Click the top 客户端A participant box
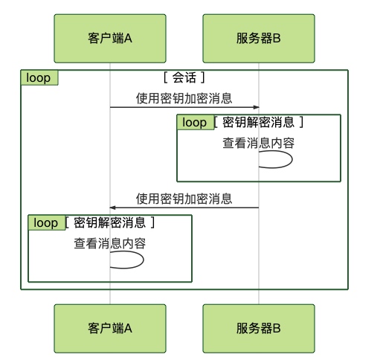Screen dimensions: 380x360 tap(110, 39)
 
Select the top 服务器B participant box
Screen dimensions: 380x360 tap(259, 39)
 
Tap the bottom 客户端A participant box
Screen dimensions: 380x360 tap(110, 329)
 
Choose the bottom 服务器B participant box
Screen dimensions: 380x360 tap(259, 329)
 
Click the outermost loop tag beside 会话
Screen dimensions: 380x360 tap(39, 78)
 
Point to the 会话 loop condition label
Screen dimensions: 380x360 tap(184, 77)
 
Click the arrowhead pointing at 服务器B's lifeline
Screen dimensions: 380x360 tap(256, 107)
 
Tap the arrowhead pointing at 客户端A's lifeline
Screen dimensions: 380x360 tap(112, 208)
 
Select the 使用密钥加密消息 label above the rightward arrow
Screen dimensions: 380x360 tap(184, 98)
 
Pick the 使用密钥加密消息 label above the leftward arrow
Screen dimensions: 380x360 tap(184, 199)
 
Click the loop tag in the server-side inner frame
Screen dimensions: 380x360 tap(196, 122)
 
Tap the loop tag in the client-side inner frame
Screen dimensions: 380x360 tap(47, 222)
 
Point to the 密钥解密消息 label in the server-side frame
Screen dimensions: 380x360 tap(258, 122)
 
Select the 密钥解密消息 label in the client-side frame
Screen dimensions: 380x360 tap(109, 222)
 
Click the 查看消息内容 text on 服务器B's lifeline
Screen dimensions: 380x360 tap(259, 143)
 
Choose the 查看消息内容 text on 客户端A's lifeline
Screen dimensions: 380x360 tap(110, 243)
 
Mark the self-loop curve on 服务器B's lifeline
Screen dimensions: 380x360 tap(292, 159)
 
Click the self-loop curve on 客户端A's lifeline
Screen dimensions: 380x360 tap(144, 260)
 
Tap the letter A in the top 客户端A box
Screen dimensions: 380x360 tap(128, 39)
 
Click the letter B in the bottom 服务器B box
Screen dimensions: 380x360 tap(277, 329)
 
